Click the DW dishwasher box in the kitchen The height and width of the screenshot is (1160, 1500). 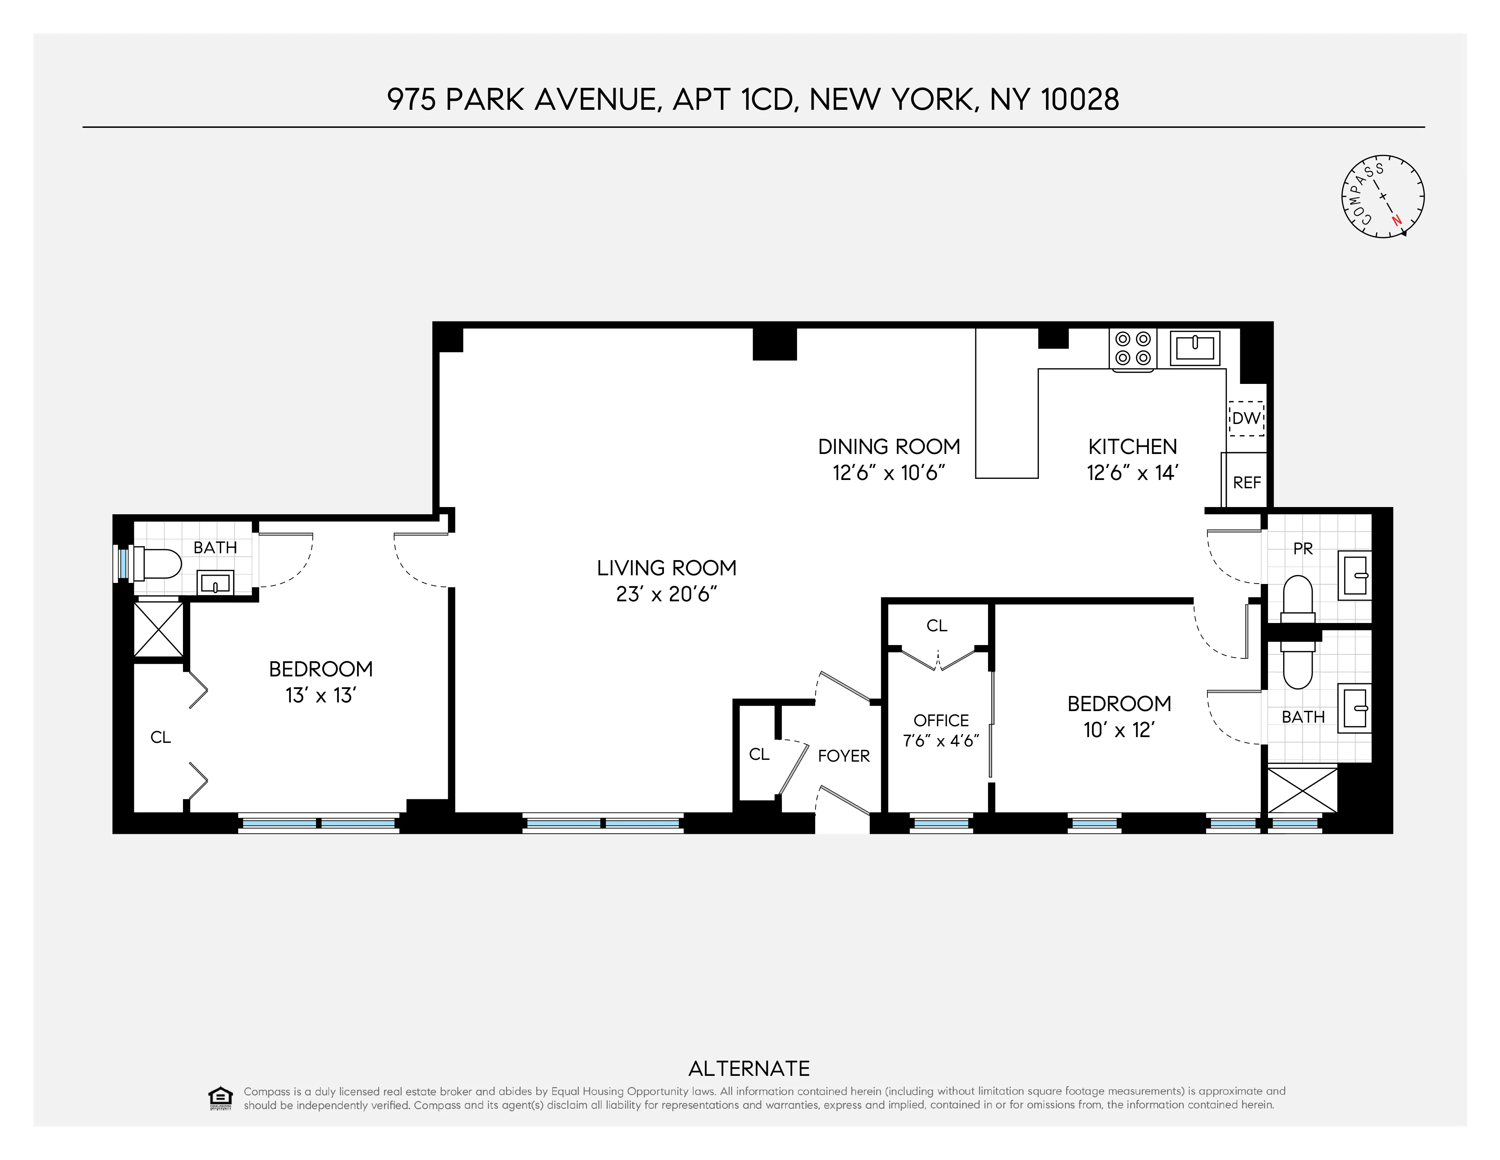[1246, 418]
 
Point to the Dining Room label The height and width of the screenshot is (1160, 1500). [889, 447]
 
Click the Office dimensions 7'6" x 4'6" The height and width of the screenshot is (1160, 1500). [940, 741]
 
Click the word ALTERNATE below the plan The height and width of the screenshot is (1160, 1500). [749, 1069]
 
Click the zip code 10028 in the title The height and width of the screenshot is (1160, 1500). [1080, 100]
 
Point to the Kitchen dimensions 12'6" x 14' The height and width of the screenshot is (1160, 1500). [1132, 473]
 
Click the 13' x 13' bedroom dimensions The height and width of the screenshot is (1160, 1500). [320, 696]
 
